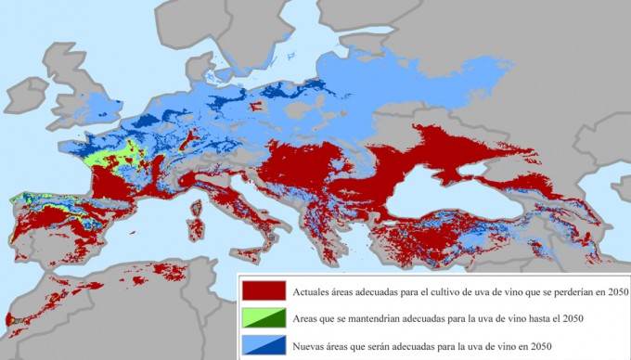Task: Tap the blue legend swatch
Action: click(x=262, y=345)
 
